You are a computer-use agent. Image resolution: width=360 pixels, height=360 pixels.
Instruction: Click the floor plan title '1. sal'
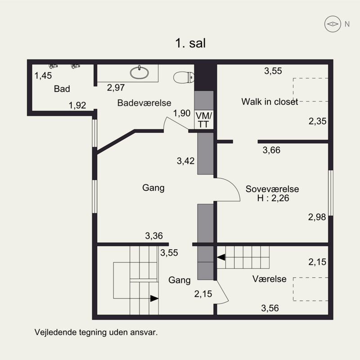(x=190, y=43)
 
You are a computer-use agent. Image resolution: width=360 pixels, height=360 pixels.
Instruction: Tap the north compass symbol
(x=333, y=24)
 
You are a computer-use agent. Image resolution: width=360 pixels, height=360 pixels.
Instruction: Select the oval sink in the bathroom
(x=141, y=72)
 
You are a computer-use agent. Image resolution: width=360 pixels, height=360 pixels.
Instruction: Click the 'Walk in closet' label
(x=270, y=102)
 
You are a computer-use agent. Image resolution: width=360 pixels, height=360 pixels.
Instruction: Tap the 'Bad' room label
(x=62, y=89)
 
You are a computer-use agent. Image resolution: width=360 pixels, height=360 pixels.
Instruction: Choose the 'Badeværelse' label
(x=144, y=103)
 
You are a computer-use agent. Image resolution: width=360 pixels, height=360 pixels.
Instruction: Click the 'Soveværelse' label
(x=272, y=189)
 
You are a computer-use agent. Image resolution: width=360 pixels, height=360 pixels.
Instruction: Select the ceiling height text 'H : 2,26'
(x=272, y=198)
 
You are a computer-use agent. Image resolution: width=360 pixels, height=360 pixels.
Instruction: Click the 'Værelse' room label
(x=269, y=279)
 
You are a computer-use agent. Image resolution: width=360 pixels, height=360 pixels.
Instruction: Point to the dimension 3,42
(x=186, y=160)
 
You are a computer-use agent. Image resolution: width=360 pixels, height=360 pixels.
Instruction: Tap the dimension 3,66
(x=271, y=150)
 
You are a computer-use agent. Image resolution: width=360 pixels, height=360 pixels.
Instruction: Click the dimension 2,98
(x=317, y=217)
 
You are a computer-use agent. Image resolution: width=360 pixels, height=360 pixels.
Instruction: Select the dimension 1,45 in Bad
(x=43, y=76)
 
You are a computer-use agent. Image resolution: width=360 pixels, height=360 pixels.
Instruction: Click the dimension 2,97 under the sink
(x=116, y=87)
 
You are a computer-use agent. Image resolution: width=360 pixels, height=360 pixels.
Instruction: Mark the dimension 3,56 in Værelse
(x=270, y=308)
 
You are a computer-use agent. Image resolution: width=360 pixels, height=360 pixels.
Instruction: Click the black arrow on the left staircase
(x=154, y=298)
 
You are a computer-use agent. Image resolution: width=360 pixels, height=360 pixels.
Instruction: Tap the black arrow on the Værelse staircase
(x=221, y=257)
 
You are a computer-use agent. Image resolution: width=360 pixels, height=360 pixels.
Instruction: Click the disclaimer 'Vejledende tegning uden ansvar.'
(x=96, y=333)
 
